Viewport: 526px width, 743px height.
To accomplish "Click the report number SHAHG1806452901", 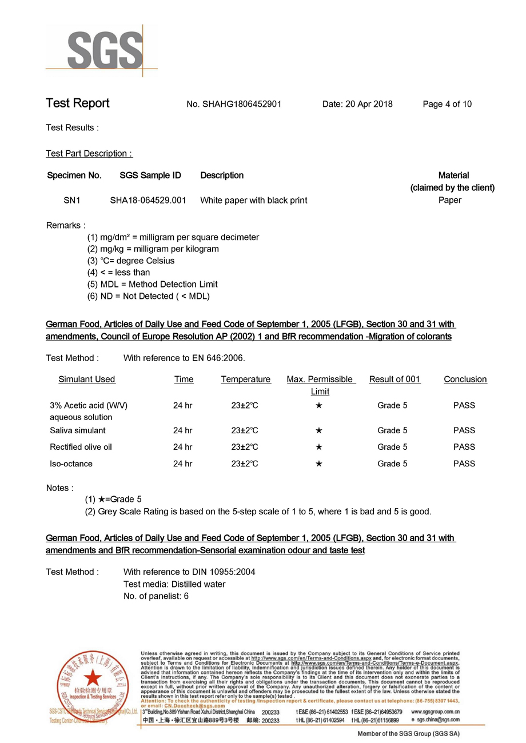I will point(234,104).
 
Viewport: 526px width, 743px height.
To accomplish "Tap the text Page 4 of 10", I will point(447,104).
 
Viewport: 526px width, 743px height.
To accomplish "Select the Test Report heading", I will point(77,103).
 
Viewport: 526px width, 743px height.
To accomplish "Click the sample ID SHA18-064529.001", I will point(148,200).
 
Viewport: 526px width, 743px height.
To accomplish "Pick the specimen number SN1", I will point(73,200).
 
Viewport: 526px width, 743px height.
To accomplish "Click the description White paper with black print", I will point(254,200).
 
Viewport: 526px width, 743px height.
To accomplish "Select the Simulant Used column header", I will point(87,379).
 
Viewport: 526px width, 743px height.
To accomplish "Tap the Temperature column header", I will point(246,379).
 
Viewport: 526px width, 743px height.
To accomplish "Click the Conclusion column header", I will point(465,379).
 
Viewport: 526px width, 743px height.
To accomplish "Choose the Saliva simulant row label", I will point(78,430).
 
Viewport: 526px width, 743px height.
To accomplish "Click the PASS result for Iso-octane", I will point(464,464).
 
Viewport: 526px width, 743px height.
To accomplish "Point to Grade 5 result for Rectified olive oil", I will point(392,447).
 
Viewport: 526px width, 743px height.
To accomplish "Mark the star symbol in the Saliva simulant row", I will point(319,430).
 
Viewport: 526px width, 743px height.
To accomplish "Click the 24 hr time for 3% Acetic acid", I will point(182,405).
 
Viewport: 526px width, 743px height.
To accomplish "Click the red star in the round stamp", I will point(90,679).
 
